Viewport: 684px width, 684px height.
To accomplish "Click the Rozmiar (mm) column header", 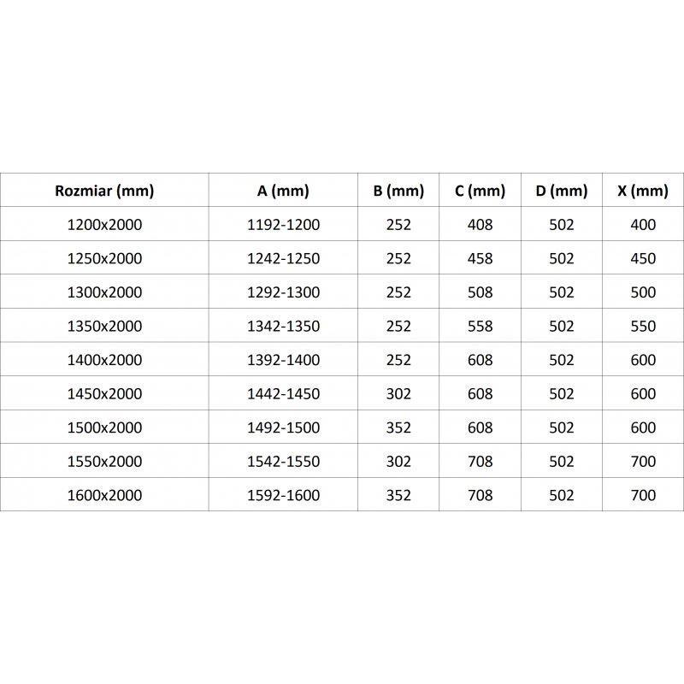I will [103, 191].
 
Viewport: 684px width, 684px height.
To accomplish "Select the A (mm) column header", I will [283, 191].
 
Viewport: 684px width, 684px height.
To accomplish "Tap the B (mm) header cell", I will [398, 191].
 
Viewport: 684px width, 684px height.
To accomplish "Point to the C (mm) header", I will [481, 191].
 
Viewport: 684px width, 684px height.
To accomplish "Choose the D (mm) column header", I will [561, 191].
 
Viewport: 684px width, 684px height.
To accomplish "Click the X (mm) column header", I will [642, 191].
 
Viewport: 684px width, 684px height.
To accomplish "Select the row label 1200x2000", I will [103, 225].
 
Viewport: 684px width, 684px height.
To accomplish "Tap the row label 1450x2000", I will [103, 394].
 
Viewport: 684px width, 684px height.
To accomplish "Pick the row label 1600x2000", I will [103, 495].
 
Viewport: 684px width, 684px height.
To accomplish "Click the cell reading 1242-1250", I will [283, 259].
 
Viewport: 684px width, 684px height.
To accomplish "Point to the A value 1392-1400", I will [283, 360].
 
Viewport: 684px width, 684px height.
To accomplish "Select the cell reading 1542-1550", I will [283, 462].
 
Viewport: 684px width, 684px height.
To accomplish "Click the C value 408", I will [481, 225].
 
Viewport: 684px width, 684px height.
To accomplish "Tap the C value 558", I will [481, 327].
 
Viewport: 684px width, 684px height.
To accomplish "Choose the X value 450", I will [642, 259].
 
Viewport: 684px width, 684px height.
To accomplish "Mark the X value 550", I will [642, 327].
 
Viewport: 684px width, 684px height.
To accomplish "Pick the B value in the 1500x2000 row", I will [398, 427].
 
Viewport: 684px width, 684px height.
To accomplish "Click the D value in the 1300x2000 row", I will [561, 292].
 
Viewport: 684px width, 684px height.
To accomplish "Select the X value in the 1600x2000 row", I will [642, 495].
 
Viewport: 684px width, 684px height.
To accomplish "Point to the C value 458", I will [481, 259].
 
